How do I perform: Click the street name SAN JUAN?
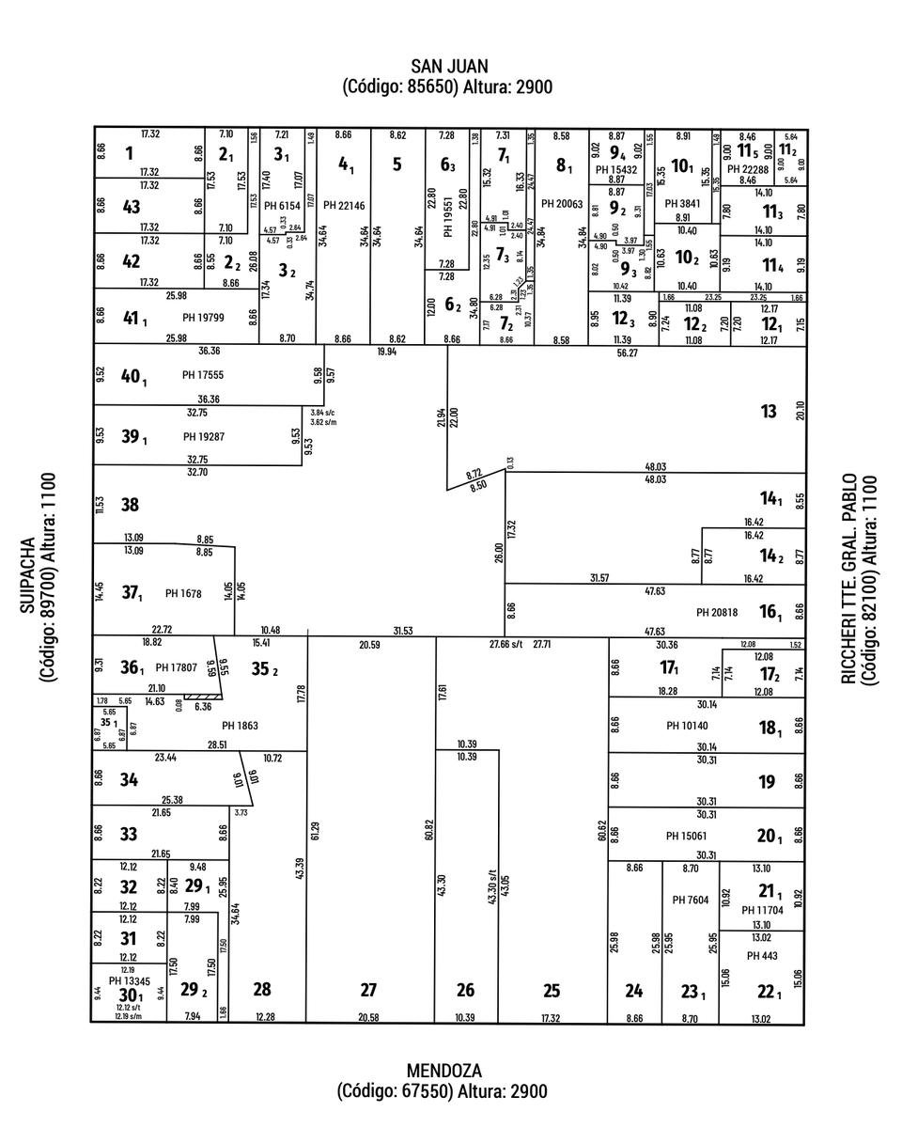448,66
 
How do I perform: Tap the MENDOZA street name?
443,1071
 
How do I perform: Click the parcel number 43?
131,208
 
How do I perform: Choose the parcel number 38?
130,505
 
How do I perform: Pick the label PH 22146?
344,205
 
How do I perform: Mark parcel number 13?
769,411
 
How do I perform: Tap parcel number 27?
368,990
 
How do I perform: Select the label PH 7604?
691,900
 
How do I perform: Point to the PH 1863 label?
240,726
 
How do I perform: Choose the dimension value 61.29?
316,831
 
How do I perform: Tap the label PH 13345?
130,981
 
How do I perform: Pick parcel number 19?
766,781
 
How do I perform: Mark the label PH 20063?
562,204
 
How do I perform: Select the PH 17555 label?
204,375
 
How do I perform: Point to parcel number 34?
130,779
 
